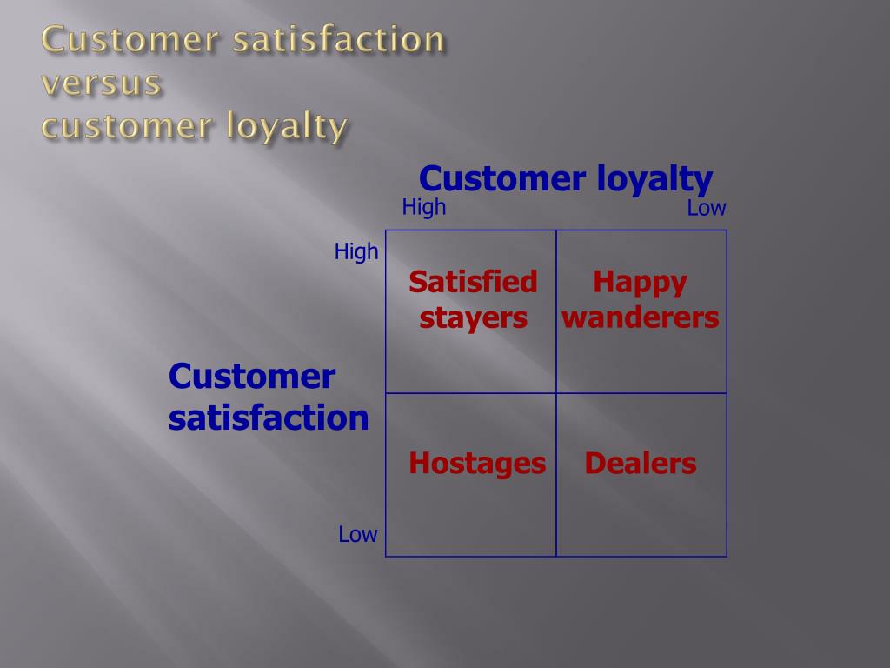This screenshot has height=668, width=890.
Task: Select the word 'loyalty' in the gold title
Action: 287,127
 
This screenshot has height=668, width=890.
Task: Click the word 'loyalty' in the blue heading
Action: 654,180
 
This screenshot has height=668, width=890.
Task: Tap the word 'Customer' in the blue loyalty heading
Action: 501,179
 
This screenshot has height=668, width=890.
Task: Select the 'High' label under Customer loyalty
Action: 424,207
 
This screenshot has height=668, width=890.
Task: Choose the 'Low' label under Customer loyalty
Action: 707,209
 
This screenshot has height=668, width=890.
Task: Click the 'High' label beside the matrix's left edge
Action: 356,251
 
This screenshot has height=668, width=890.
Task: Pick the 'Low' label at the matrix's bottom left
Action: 358,535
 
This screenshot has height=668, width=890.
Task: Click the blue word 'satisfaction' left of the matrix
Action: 269,417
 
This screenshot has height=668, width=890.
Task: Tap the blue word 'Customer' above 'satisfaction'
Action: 251,377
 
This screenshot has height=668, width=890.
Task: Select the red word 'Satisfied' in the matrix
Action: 473,282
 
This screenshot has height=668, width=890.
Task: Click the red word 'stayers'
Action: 474,318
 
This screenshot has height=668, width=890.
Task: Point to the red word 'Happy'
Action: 641,283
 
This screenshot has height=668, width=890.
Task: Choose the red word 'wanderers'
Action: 641,317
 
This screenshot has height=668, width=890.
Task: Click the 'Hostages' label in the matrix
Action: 477,464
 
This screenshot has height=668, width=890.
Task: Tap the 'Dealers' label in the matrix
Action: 641,464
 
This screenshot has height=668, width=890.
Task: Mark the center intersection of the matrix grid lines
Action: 556,393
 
